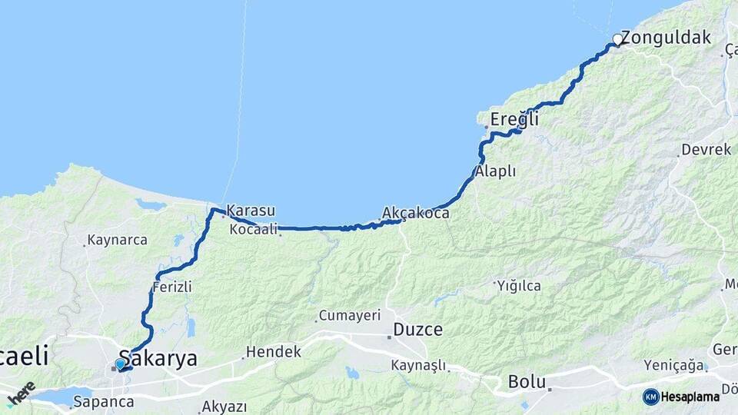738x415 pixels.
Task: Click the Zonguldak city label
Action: (666, 38)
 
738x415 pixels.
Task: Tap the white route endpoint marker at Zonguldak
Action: (617, 39)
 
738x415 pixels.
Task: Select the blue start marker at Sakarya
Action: (120, 364)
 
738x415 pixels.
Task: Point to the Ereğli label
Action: (514, 120)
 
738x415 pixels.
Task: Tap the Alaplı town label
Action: (495, 171)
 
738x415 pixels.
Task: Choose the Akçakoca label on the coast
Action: (415, 213)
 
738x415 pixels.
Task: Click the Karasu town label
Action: (251, 211)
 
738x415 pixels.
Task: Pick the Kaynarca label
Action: (117, 240)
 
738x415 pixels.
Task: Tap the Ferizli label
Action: (171, 287)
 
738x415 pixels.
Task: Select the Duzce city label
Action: (417, 330)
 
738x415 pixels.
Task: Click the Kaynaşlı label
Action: (417, 365)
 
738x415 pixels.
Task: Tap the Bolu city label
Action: (527, 382)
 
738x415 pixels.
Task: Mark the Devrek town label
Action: (706, 150)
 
